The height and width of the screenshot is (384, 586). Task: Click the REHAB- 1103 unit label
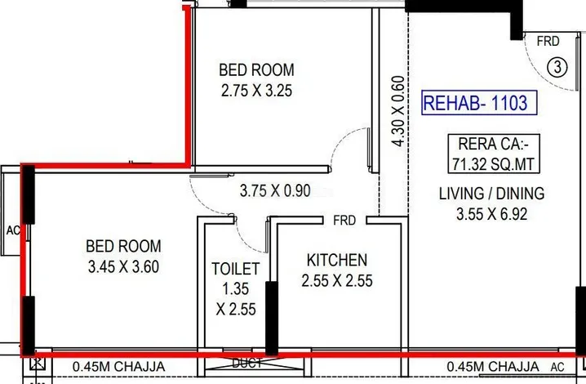point(479,103)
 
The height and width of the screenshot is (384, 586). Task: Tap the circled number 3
point(557,67)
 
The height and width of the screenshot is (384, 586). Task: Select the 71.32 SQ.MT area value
point(494,164)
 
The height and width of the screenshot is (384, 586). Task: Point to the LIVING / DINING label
point(491,194)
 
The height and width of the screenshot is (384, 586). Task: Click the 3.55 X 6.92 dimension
point(492,214)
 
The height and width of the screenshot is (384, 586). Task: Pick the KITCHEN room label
point(337,261)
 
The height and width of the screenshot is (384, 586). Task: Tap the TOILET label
point(235,269)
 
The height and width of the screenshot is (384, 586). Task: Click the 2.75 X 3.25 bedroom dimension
point(256,91)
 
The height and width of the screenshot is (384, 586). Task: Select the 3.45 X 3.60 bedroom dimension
point(124,267)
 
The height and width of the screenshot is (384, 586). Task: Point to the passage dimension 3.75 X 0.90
point(275,190)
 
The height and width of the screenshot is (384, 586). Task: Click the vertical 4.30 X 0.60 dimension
point(398,111)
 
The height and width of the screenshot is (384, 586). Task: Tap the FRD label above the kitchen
point(344,221)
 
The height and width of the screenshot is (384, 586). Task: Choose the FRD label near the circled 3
point(548,41)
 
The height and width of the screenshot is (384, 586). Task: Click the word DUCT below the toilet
point(247,363)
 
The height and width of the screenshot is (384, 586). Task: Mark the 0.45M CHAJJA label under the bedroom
point(119,366)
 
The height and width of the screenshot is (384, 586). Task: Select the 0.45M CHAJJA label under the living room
point(493,366)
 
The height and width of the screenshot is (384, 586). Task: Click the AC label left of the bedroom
point(13,230)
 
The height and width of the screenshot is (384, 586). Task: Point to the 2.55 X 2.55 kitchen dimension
point(337,281)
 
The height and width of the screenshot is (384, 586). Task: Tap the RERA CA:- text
point(494,144)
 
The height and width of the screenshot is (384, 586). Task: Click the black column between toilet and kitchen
point(272,318)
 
